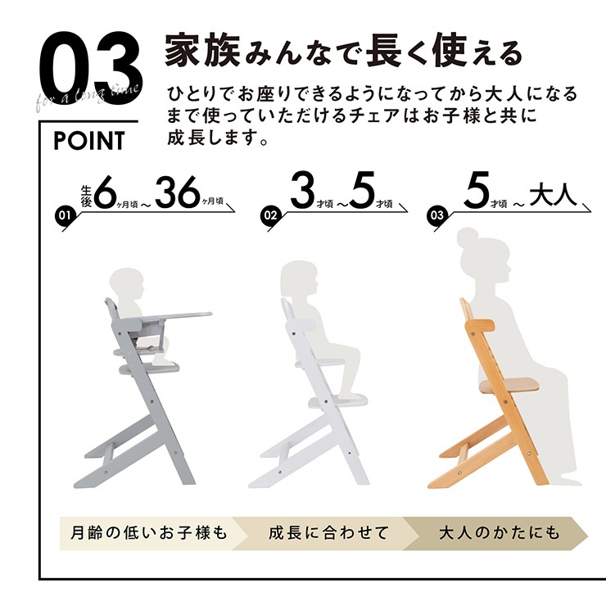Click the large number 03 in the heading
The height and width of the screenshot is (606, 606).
tap(91, 69)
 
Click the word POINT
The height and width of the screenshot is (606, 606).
tap(89, 141)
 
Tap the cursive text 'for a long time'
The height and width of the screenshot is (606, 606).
tap(87, 97)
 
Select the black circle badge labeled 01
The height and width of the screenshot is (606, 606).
tap(65, 215)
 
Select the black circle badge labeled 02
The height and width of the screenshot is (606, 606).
tap(270, 215)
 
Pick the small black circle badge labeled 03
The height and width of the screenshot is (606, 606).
tap(436, 215)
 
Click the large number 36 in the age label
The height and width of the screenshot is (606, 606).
tap(178, 192)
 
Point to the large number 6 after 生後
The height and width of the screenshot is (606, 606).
tap(105, 192)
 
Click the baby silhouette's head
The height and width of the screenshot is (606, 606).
tap(126, 283)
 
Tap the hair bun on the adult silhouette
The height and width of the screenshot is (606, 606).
tap(467, 236)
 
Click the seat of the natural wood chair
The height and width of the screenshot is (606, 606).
tap(502, 386)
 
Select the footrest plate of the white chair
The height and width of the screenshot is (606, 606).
tap(337, 400)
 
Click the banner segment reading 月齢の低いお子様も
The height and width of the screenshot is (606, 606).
tap(150, 533)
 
